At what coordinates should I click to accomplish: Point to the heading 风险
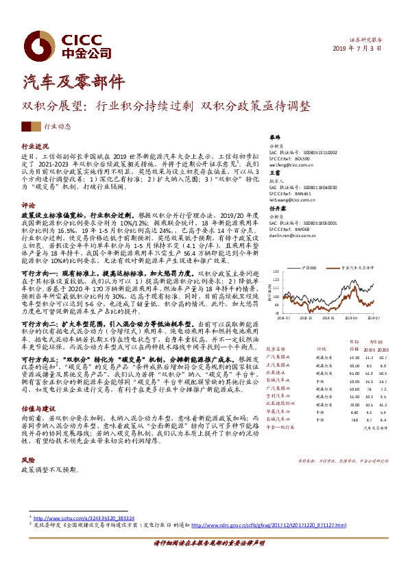28,461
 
